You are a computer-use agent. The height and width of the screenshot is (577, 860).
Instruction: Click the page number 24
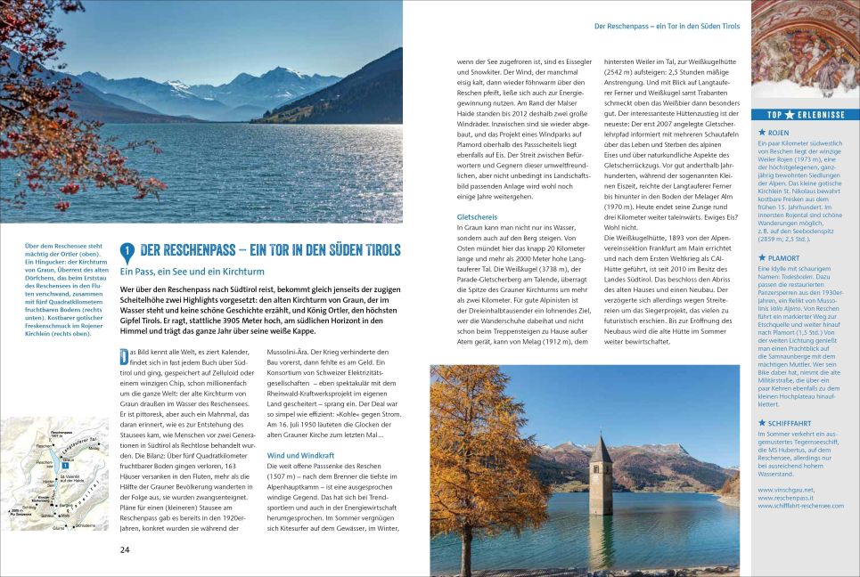(125, 549)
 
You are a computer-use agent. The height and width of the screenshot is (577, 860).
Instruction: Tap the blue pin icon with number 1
(127, 253)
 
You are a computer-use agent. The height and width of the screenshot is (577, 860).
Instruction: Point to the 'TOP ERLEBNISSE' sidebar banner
(805, 114)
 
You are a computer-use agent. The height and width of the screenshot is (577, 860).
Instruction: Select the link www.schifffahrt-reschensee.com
(800, 506)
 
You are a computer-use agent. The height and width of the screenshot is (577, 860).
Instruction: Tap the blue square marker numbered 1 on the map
(66, 465)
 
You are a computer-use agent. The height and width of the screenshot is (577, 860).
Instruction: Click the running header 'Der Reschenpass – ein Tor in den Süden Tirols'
(667, 26)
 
